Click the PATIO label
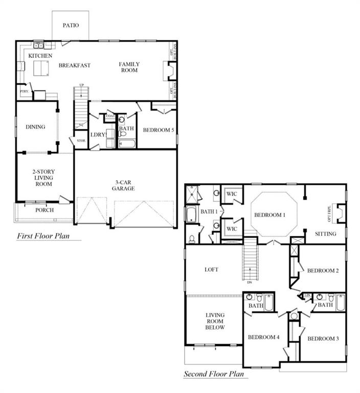pyautogui.click(x=71, y=25)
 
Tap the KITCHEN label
pyautogui.click(x=40, y=55)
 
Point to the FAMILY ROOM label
pyautogui.click(x=129, y=67)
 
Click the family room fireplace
pyautogui.click(x=167, y=71)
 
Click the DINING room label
pyautogui.click(x=35, y=127)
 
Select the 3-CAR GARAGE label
pyautogui.click(x=123, y=185)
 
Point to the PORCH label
pyautogui.click(x=44, y=210)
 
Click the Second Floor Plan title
pyautogui.click(x=216, y=374)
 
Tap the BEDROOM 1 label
pyautogui.click(x=269, y=215)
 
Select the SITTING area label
pyautogui.click(x=326, y=234)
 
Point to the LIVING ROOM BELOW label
pyautogui.click(x=215, y=321)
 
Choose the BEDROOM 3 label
pyautogui.click(x=323, y=338)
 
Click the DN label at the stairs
pyautogui.click(x=249, y=282)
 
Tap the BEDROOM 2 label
pyautogui.click(x=323, y=271)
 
